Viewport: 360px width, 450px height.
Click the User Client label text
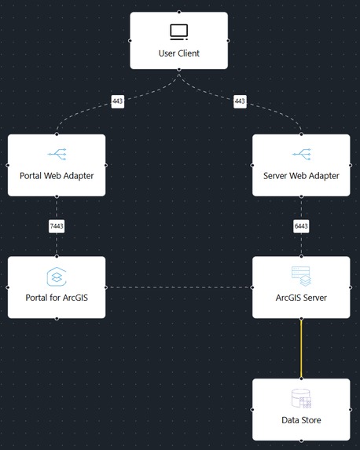coord(178,53)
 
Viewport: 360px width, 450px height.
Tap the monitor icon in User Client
coord(178,32)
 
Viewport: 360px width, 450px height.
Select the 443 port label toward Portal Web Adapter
coord(118,101)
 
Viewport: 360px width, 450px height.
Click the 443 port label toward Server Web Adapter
coord(240,101)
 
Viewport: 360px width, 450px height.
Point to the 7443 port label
coord(57,226)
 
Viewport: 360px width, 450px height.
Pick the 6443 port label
coord(301,226)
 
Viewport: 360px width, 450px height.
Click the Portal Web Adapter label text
coord(57,176)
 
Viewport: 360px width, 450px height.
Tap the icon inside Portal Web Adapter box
coord(57,155)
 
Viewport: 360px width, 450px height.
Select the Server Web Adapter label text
coord(301,176)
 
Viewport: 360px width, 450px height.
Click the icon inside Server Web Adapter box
coord(301,155)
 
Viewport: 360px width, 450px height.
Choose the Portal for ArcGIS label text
coord(57,298)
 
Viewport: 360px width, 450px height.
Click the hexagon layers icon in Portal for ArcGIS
coord(57,276)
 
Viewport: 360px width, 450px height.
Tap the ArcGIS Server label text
coord(301,298)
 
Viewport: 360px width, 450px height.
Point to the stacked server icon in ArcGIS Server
coord(301,276)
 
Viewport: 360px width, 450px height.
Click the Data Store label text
coord(301,420)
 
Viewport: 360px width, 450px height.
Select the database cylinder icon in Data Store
coord(301,399)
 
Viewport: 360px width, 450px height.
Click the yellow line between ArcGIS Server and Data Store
coord(301,348)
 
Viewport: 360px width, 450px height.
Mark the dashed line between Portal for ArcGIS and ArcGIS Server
coord(178,287)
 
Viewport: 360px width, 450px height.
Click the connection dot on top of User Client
coord(178,12)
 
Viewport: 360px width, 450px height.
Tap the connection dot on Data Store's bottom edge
coord(301,441)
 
